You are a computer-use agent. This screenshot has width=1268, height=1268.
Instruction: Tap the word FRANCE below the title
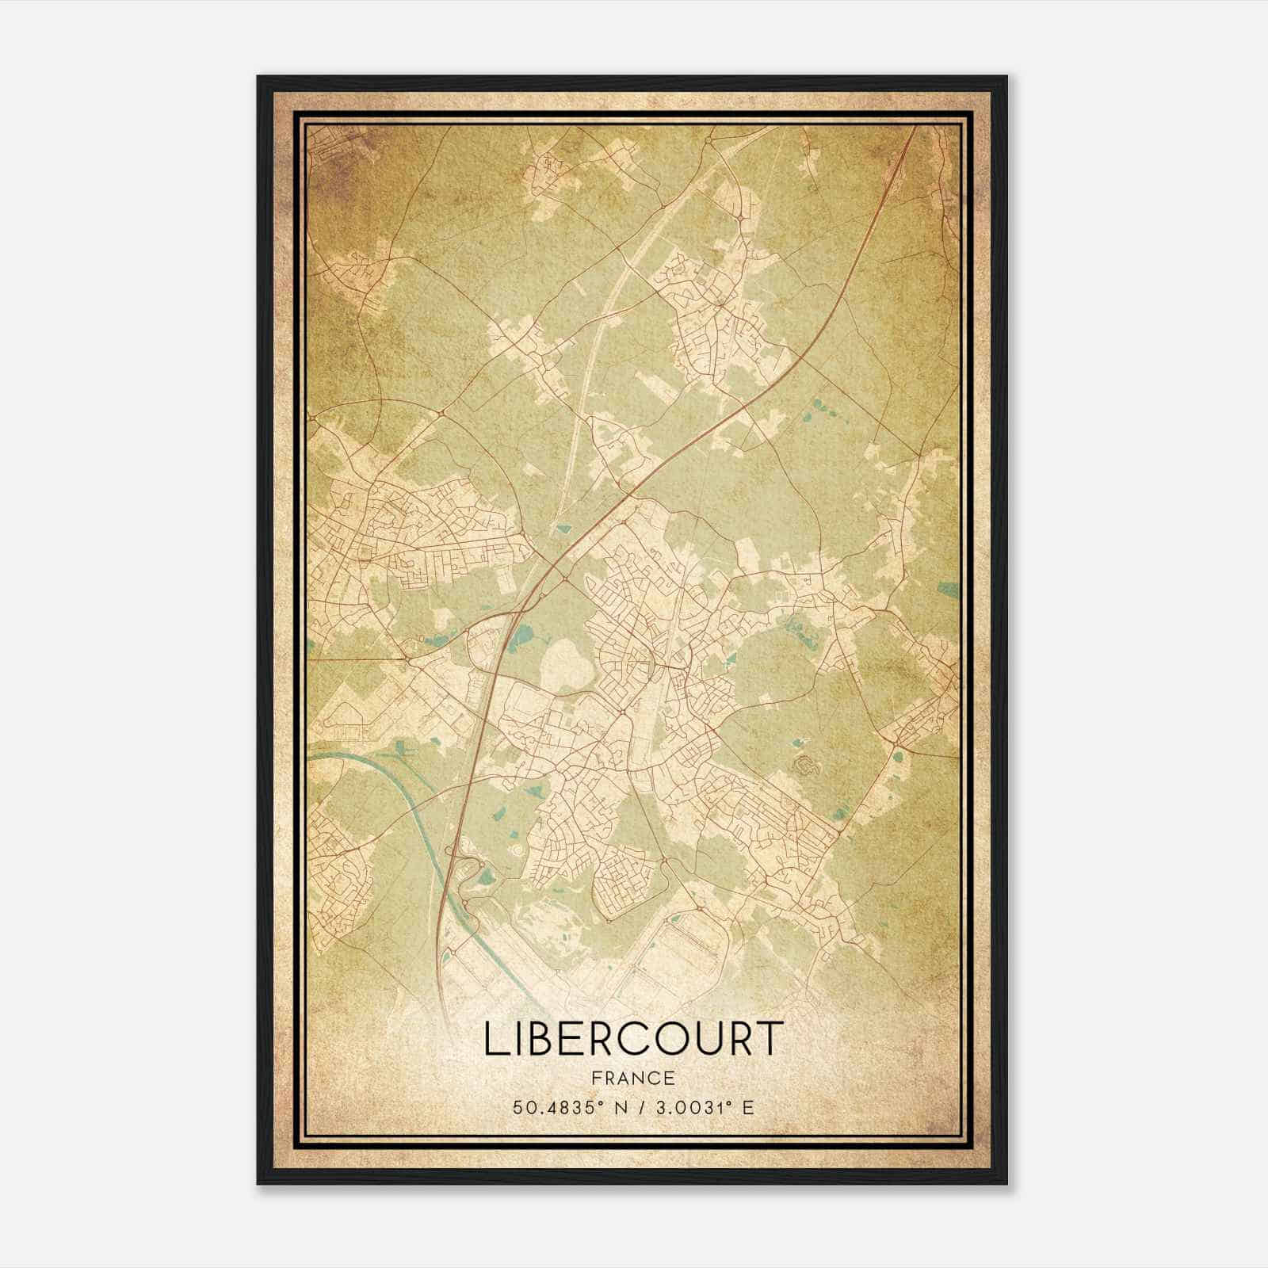633,1078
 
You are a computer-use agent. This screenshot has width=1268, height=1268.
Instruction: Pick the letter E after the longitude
748,1106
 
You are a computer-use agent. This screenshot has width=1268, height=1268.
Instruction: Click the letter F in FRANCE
596,1078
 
